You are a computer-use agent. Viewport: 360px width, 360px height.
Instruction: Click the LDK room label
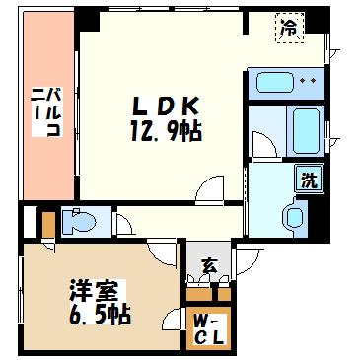[x=167, y=106]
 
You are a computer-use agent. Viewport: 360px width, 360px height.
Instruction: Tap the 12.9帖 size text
[x=166, y=130]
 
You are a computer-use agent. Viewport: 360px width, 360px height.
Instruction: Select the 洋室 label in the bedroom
[x=94, y=291]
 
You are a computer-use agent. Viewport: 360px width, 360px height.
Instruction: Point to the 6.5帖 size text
[x=100, y=315]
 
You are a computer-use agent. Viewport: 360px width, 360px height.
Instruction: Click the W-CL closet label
[x=208, y=328]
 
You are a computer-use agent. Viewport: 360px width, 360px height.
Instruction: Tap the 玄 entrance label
[x=210, y=265]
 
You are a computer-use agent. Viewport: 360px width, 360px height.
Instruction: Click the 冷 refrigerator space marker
[x=289, y=28]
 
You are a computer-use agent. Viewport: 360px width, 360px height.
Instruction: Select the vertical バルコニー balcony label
[x=46, y=111]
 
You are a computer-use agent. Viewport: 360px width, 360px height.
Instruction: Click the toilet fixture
[x=79, y=222]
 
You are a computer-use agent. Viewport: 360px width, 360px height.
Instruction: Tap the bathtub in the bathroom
[x=306, y=131]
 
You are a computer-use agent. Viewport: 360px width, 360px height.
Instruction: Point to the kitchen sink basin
[x=274, y=82]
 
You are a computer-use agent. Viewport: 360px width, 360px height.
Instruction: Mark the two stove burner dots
[x=308, y=80]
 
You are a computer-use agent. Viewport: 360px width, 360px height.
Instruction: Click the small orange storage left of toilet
[x=48, y=225]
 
